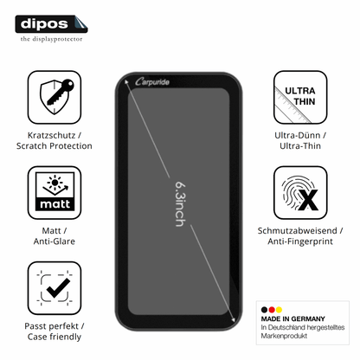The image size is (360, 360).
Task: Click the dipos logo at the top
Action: pos(51,24)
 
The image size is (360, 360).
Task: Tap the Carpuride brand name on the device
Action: pos(152,82)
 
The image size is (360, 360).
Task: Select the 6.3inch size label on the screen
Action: pos(181,204)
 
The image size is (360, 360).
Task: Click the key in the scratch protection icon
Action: pos(61,92)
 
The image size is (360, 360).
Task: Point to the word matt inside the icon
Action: pos(55,204)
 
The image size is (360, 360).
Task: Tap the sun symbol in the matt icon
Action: pos(55,182)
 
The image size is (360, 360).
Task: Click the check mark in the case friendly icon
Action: pos(58,288)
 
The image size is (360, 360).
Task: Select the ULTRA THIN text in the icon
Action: pos(300,96)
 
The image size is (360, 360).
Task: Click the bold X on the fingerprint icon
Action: pos(308,200)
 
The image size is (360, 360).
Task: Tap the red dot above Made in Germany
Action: pos(272,310)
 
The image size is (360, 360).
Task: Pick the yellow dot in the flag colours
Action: pos(279,310)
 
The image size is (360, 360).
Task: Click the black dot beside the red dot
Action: pos(264,310)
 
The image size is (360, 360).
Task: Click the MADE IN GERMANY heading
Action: pos(292,318)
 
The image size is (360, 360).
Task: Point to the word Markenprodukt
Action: pos(284,336)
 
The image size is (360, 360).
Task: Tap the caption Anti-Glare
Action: pos(55,241)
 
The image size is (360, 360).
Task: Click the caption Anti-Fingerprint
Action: pos(300,241)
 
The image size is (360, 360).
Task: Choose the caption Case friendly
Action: pos(55,337)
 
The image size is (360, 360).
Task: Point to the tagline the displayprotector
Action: pos(51,39)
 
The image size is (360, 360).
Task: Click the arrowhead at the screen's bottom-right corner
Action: pos(234,319)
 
